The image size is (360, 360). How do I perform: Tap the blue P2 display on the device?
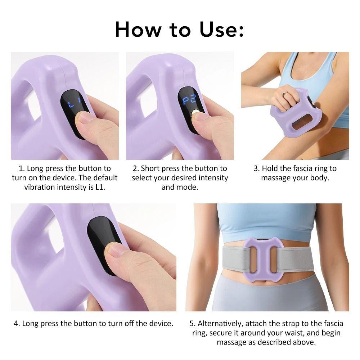(x=189, y=100)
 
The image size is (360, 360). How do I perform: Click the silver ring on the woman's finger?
(x=284, y=94)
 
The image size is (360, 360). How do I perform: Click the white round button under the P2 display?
(x=196, y=113)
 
